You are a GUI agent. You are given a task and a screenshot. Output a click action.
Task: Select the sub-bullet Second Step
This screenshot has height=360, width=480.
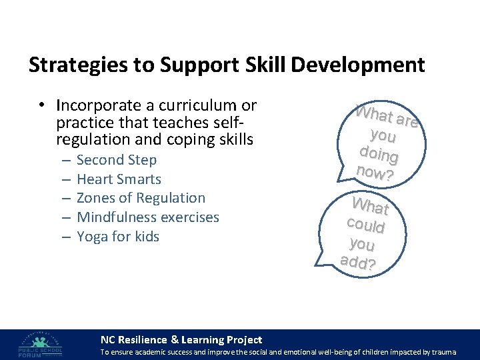pos(117,160)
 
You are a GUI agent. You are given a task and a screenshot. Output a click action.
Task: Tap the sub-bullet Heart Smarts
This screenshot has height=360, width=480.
pos(119,179)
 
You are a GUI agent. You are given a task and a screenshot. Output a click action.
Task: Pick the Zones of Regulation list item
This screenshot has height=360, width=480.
pos(141,198)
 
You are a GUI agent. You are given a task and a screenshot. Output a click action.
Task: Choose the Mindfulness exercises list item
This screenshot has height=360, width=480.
pos(147,217)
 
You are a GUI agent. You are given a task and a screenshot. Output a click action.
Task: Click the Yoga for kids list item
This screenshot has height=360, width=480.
pos(118,237)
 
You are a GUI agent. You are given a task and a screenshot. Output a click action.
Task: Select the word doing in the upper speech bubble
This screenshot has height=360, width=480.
pos(379,154)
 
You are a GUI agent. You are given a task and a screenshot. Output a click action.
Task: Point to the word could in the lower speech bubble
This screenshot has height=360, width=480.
pos(366,224)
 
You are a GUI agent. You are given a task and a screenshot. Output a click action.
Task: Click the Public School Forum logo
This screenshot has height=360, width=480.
pos(41,343)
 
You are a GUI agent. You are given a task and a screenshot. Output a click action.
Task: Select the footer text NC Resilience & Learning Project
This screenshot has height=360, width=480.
pos(181,340)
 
